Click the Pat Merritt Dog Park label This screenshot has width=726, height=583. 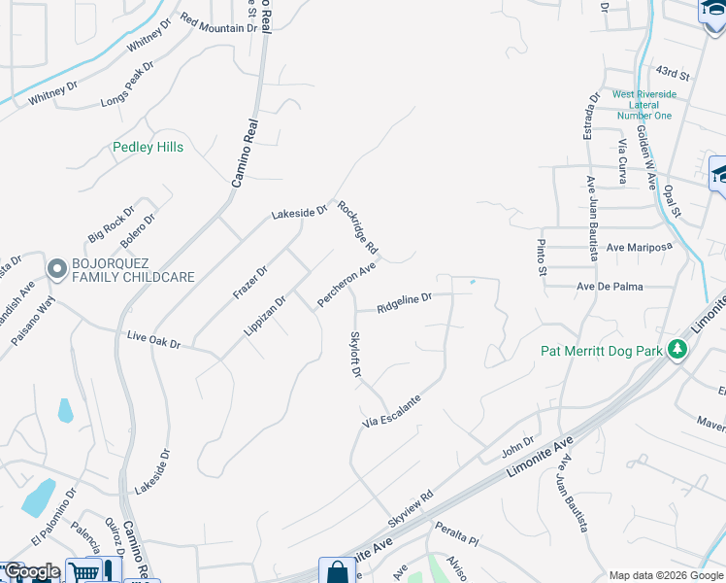coord(602,350)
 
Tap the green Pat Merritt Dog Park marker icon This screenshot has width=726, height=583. coord(677,350)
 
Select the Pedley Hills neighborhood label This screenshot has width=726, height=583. coord(148,148)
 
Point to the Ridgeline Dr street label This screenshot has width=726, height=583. coord(403,303)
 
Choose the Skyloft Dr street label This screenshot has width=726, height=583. coord(355,354)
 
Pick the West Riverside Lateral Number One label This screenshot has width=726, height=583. coord(642,105)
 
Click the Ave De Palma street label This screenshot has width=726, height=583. coord(610,287)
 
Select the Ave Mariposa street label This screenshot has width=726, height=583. coord(639,247)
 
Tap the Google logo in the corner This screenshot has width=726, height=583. coord(31,571)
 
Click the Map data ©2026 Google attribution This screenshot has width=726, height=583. coord(666,575)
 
